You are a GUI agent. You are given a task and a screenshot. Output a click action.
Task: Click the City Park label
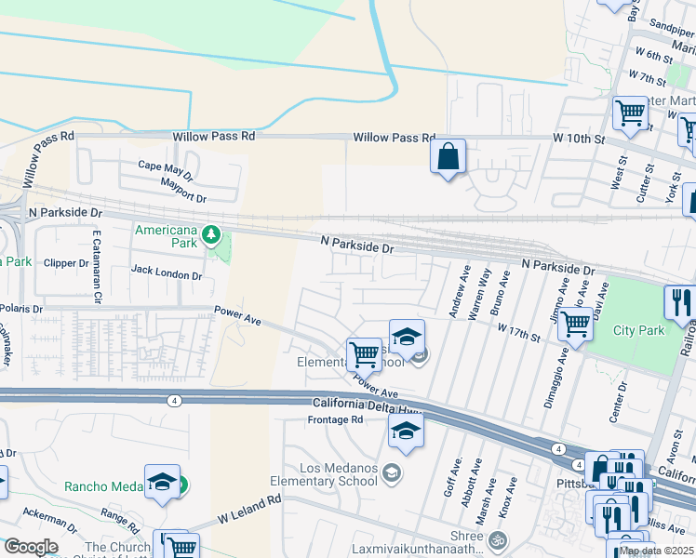click(x=638, y=330)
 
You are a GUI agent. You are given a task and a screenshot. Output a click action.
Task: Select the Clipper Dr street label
click(x=66, y=263)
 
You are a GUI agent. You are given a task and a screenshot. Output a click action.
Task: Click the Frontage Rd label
click(x=335, y=420)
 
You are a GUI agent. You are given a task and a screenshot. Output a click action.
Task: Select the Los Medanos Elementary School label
click(x=324, y=474)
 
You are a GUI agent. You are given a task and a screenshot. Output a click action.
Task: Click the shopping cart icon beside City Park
click(x=576, y=325)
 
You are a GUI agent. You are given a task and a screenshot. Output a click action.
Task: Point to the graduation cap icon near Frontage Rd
click(x=407, y=431)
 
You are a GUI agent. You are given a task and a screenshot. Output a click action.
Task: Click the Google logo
click(x=30, y=546)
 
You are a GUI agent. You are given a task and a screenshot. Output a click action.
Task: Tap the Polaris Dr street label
click(x=20, y=308)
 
